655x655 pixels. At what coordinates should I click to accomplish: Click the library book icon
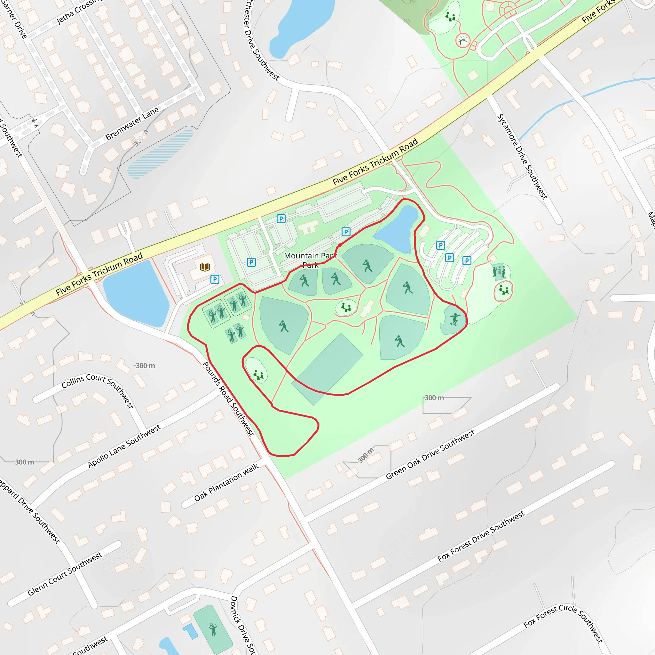(x=205, y=267)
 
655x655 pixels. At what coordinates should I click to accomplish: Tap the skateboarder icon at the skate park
(x=455, y=319)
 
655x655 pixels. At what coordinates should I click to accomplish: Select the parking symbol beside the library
(x=215, y=279)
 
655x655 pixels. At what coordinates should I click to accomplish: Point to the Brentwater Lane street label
(x=132, y=124)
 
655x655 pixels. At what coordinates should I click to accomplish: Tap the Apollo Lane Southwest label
(x=124, y=446)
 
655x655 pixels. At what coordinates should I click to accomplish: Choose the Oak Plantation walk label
(x=226, y=482)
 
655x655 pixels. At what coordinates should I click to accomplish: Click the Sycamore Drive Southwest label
(x=522, y=157)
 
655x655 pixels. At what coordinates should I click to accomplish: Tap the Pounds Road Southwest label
(x=228, y=399)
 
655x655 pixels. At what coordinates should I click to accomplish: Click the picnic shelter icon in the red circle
(x=463, y=41)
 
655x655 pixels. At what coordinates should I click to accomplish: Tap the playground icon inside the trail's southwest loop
(x=258, y=375)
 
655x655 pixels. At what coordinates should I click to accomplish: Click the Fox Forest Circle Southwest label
(x=563, y=622)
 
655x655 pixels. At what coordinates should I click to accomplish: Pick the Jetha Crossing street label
(x=79, y=12)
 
